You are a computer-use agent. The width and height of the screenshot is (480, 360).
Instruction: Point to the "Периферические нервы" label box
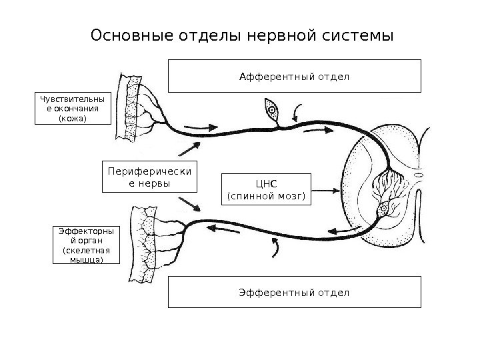pyautogui.click(x=149, y=176)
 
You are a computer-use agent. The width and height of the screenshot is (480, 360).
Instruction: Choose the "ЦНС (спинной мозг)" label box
pyautogui.click(x=266, y=189)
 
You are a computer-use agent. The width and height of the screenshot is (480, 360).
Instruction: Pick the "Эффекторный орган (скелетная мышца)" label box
pyautogui.click(x=82, y=245)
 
